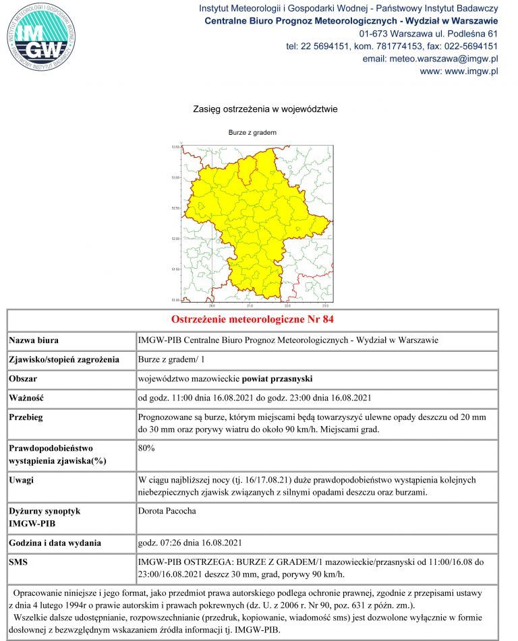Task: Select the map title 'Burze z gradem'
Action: point(253,133)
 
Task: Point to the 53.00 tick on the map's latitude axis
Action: point(176,177)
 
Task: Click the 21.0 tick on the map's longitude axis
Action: point(250,305)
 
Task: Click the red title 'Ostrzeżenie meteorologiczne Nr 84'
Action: point(253,319)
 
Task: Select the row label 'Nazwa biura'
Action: point(34,340)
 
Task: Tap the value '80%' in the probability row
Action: point(146,447)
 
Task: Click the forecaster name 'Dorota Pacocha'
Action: point(167,511)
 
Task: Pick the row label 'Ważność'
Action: point(26,398)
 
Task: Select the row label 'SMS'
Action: point(19,561)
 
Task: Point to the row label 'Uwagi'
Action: point(22,480)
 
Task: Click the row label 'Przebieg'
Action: point(26,417)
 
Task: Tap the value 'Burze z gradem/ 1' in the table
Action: point(171,359)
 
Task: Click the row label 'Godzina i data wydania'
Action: point(55,543)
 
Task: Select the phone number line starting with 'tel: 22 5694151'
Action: point(392,46)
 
